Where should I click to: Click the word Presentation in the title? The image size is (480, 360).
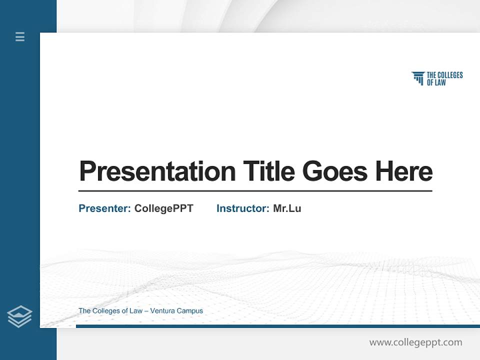click(x=157, y=171)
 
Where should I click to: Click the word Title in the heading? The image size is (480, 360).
click(x=268, y=171)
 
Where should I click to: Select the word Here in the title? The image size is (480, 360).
click(x=404, y=171)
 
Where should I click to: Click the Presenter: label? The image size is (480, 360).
click(x=104, y=208)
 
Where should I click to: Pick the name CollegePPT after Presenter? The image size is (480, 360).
click(x=163, y=208)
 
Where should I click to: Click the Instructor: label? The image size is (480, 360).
click(x=242, y=208)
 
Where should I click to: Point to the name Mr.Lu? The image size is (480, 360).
click(x=287, y=208)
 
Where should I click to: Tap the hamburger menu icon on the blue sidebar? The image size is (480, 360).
click(x=20, y=36)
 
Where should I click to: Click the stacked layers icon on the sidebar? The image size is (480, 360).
click(x=19, y=316)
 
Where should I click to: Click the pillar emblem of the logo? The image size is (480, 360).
click(x=418, y=78)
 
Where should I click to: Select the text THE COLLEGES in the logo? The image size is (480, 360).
click(x=444, y=75)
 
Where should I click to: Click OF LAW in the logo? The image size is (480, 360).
click(x=436, y=82)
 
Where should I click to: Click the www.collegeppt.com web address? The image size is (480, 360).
click(x=415, y=342)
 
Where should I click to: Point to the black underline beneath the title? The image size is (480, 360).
click(x=255, y=191)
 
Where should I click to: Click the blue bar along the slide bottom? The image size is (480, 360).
click(x=277, y=326)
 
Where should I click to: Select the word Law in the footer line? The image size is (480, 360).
click(x=136, y=311)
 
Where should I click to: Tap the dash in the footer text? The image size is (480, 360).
click(x=146, y=311)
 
